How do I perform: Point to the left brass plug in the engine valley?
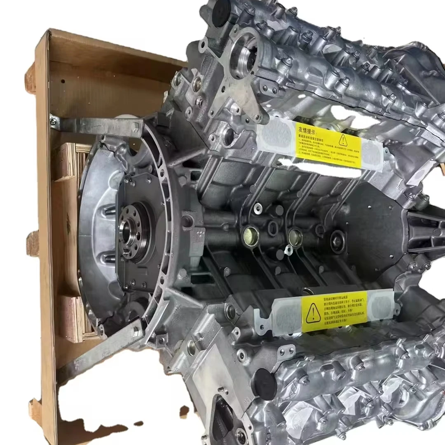coord(251,236)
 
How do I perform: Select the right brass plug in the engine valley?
coord(295,237)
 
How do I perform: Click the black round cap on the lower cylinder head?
coord(264,384)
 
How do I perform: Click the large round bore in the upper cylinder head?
coord(244,58)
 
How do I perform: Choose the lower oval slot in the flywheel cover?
coord(109,259)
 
